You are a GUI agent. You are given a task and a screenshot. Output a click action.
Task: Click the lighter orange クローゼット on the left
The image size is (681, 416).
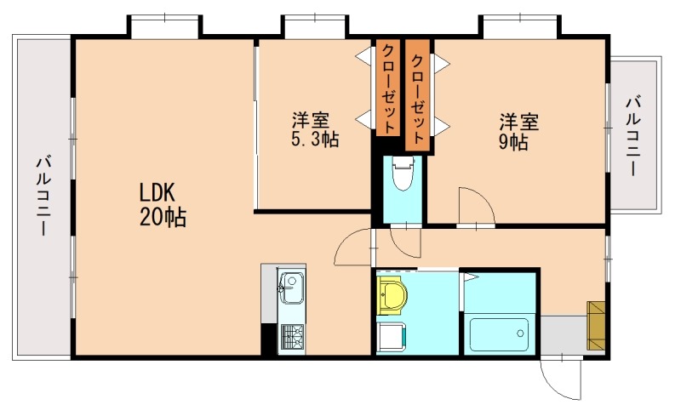click(387, 88)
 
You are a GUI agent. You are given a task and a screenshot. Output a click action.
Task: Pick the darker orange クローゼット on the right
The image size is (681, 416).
click(418, 94)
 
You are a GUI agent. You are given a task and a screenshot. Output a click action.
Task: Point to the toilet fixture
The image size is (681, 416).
click(401, 178)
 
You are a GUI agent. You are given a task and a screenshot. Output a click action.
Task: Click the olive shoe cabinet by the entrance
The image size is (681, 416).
click(596, 325)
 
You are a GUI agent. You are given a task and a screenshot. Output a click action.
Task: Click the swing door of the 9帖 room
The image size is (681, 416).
click(473, 207)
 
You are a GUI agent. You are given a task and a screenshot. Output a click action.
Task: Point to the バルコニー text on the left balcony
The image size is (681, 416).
click(43, 195)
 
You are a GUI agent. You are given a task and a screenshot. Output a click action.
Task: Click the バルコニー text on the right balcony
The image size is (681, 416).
click(633, 136)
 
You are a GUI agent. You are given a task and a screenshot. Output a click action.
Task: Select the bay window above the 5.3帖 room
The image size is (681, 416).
click(314, 26)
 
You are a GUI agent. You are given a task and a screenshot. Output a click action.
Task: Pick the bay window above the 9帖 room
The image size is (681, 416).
click(518, 26)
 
